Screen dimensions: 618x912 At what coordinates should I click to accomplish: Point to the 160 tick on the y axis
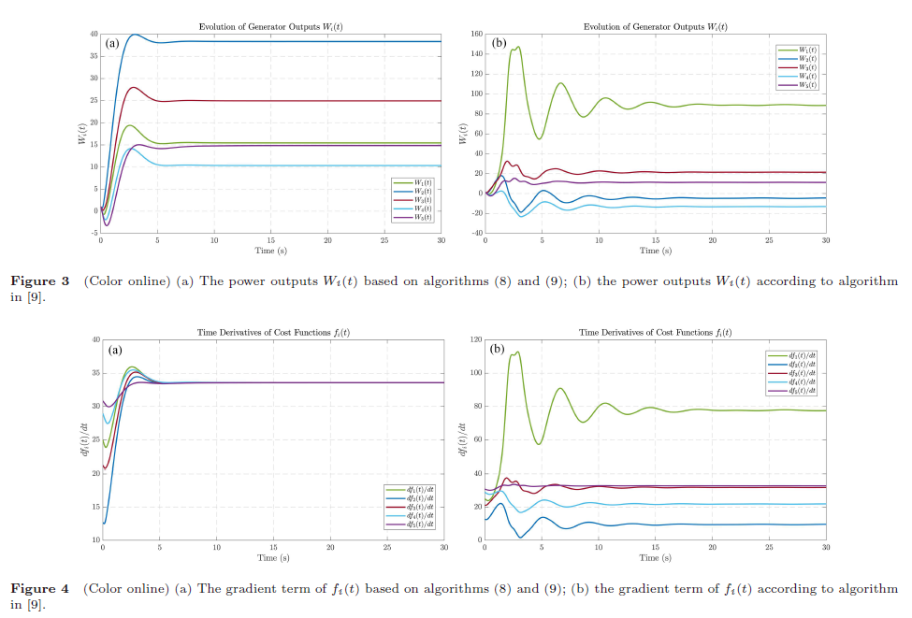pos(475,35)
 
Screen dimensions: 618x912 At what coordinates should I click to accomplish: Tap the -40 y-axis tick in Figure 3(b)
pos(474,233)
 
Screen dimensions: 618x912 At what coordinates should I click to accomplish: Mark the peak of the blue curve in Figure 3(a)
pos(135,35)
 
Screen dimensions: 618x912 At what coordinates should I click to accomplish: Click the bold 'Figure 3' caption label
pos(39,281)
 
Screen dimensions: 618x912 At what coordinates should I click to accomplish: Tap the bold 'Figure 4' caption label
pos(39,589)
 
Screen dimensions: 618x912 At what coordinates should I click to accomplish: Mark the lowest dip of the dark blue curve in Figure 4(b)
pos(521,537)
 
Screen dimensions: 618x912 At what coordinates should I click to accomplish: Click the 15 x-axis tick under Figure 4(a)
pos(273,548)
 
